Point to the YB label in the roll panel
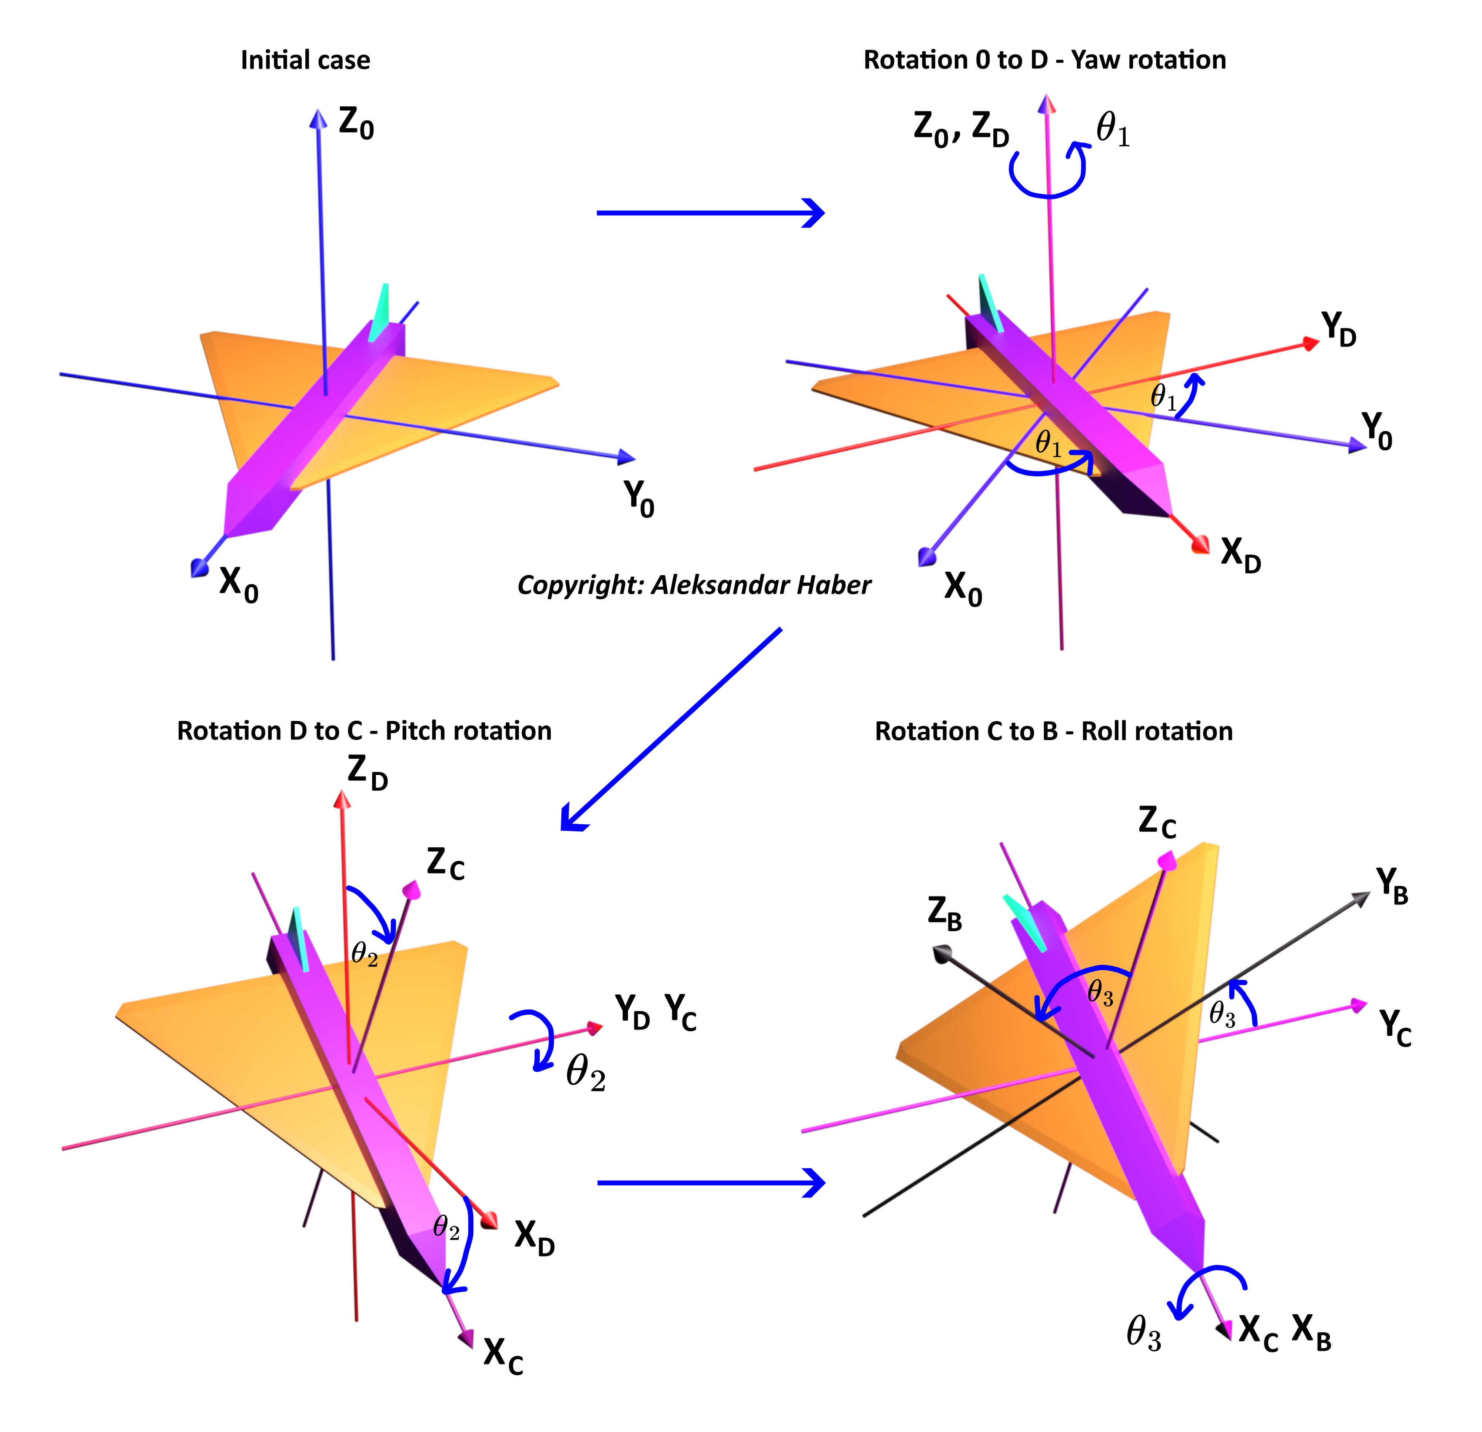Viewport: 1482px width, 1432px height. coord(1391,886)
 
